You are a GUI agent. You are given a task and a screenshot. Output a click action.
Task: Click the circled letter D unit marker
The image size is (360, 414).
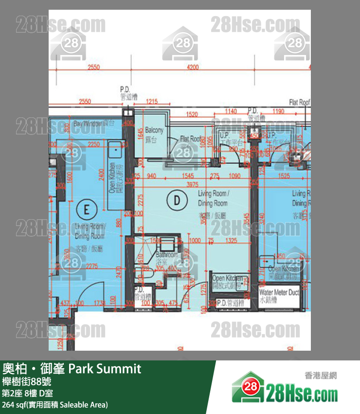tap(177, 199)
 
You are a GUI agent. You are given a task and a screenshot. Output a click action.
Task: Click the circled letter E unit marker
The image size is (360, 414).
tap(87, 210)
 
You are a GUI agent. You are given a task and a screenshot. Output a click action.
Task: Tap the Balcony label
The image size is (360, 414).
tap(154, 134)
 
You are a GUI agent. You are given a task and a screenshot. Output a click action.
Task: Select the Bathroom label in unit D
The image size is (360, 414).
tap(167, 258)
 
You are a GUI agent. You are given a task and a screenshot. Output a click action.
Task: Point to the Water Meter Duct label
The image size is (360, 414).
tap(279, 296)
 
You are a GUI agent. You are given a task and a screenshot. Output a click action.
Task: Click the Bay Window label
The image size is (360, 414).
tap(94, 124)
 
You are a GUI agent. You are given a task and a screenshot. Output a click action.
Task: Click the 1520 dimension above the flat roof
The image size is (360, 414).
tap(192, 114)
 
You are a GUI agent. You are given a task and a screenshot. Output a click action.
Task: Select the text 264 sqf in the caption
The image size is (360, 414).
tap(15, 405)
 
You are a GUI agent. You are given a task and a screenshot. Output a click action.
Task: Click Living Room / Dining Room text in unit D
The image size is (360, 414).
tap(213, 199)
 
